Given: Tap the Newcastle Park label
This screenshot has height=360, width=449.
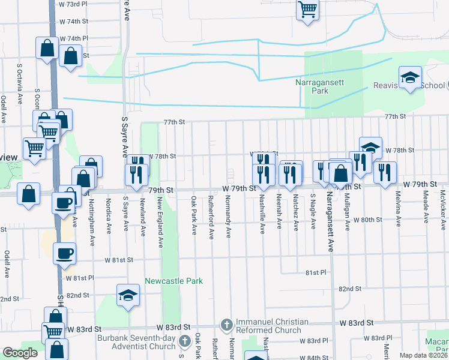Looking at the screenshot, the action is [x=173, y=281].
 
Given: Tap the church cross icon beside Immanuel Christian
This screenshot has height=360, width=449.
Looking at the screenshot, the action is [x=226, y=325].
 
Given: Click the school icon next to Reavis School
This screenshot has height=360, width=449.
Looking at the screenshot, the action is [x=411, y=79].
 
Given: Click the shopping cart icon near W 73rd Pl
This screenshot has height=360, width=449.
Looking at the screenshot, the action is [x=307, y=9].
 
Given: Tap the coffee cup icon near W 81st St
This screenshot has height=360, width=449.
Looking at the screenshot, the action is [x=64, y=253].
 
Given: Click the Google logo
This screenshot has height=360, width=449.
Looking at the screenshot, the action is [x=20, y=353].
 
